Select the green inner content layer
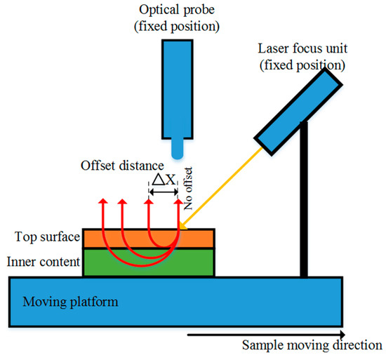point(147,263)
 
